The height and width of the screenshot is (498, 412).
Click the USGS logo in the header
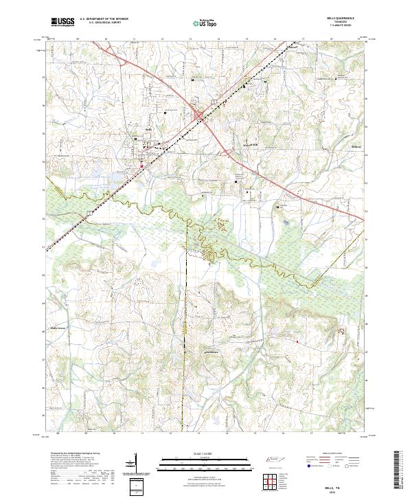[62, 23]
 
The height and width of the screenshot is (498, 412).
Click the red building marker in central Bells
[142, 166]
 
